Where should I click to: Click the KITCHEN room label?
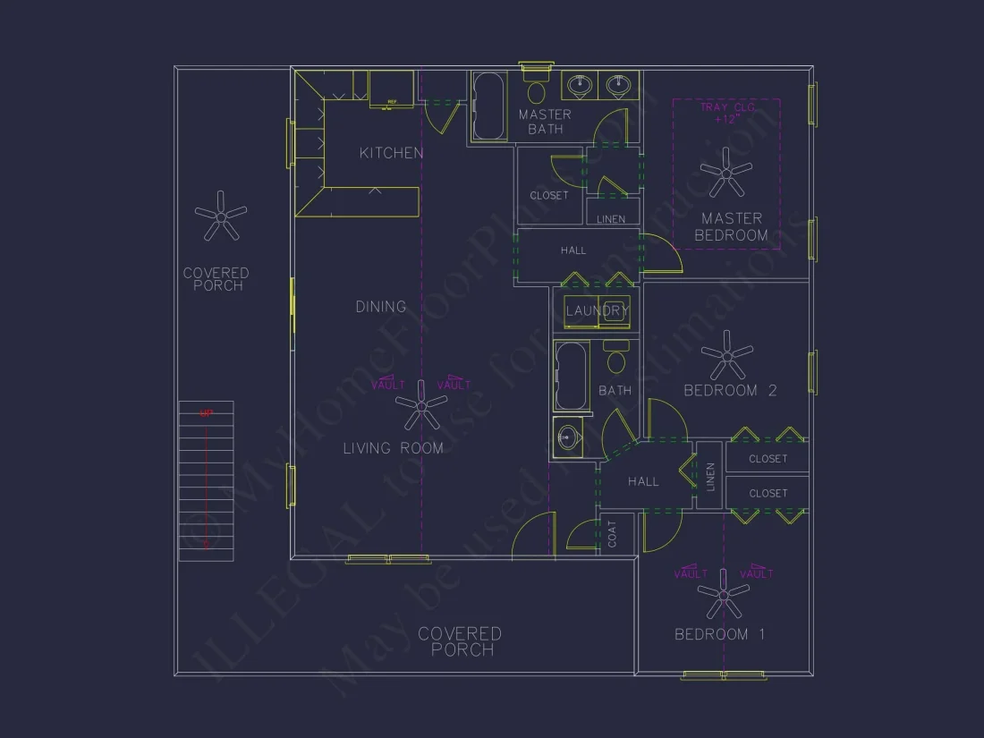coord(391,153)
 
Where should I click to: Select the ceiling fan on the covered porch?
coord(220,216)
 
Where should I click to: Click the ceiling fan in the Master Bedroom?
coord(725,172)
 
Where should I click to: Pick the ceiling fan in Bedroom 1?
coord(723,594)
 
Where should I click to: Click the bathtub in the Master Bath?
coord(489,106)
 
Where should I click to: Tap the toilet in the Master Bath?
coord(538,89)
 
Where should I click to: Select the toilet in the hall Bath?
coord(615,360)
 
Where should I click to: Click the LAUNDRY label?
coord(598,310)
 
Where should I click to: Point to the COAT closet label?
coord(613,535)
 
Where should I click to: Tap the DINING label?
coord(381,307)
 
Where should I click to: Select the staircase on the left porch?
coord(206,481)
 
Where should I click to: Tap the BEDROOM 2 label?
coord(730,390)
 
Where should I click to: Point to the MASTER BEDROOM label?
coord(732,226)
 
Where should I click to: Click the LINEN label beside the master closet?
coord(612,219)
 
